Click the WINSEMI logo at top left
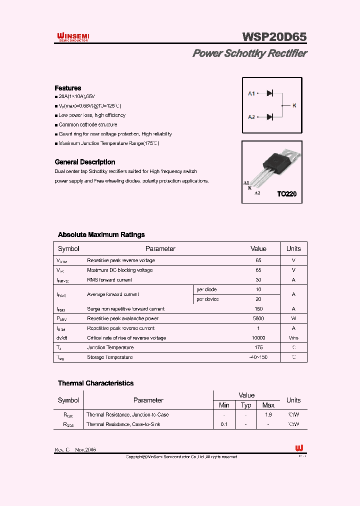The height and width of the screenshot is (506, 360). pos(72,37)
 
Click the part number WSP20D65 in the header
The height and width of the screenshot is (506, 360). pos(274,37)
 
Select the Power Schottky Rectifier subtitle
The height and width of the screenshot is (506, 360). pos(249,53)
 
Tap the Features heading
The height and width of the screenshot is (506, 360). pos(67,88)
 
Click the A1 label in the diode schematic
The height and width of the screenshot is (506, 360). pos(251,93)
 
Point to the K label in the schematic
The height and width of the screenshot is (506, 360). pos(294,105)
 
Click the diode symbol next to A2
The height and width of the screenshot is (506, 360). pos(269,117)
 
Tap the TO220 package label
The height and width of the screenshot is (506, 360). pos(286,194)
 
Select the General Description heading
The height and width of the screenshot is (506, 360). pos(84,162)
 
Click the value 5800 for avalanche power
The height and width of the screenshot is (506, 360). pos(258,318)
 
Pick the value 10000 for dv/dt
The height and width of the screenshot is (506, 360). pos(258,338)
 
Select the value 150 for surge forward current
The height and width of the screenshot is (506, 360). pos(258,309)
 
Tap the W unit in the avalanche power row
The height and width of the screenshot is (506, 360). pos(293,318)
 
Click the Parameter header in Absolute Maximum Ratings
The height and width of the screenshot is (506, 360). pos(160,248)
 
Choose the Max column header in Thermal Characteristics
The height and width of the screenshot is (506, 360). pos(268,405)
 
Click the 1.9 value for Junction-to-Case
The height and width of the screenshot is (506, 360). pos(268,414)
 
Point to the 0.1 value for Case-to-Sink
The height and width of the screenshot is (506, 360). pos(224,424)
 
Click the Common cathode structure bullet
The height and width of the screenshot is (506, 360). pos(87,124)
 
